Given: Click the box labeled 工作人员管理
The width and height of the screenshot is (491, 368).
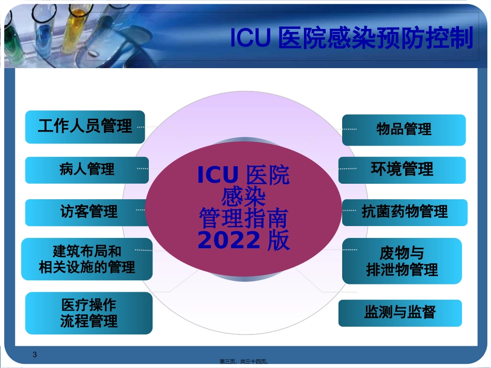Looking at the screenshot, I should point(85,126).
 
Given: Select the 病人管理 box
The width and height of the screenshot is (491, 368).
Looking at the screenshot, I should point(87,170).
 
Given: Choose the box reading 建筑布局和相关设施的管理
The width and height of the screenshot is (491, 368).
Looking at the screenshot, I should point(87,259).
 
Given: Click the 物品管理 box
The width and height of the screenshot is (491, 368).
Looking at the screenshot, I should point(404,130).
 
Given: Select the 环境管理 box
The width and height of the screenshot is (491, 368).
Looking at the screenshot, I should point(402,170).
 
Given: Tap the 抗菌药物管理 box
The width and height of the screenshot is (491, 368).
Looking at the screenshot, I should point(405,212).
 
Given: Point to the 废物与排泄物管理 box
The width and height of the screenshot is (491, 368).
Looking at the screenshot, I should point(402,261).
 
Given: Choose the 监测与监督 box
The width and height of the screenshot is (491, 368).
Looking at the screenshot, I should point(400,313).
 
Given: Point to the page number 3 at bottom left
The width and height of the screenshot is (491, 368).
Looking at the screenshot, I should point(35,354).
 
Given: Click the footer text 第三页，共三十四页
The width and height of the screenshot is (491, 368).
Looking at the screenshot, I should point(243,363).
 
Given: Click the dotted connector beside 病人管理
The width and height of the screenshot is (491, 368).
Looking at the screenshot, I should point(143,168).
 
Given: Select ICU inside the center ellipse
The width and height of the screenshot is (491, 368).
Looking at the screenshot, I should point(218,175).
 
